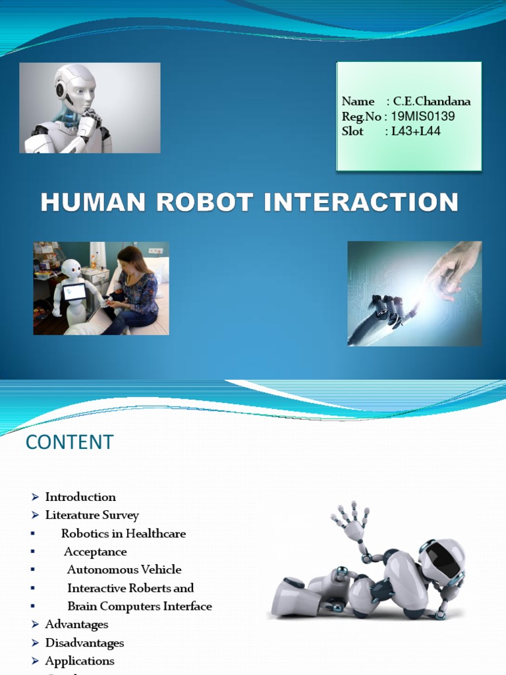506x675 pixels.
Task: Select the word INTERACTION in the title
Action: point(361,202)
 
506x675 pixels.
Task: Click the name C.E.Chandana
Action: point(432,102)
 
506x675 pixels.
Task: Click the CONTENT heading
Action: point(69,442)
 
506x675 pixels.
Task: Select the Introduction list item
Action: point(80,497)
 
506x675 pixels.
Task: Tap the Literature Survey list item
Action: point(92,515)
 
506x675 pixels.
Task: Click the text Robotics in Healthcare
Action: point(123,533)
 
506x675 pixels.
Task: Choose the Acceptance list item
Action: point(96,552)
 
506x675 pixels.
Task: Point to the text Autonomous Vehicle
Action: point(124,570)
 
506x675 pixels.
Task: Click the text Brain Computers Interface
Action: point(140,606)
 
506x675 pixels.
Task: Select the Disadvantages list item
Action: point(84,643)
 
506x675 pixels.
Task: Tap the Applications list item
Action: point(80,660)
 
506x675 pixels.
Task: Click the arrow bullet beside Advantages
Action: point(36,624)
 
